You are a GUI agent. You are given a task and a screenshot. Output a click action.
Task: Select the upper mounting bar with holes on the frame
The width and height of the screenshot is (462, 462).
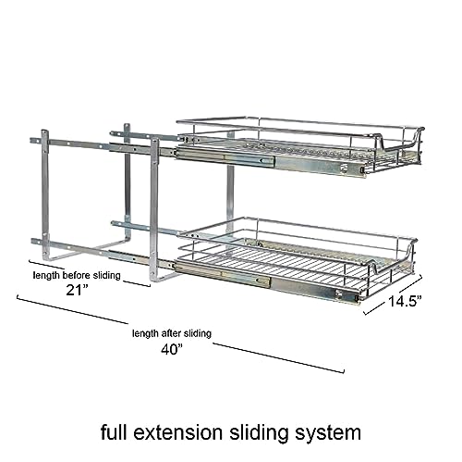click(83, 142)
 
